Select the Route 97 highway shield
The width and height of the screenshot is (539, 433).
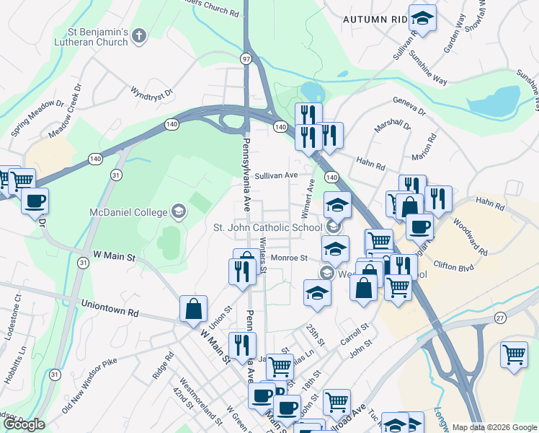click(x=246, y=58)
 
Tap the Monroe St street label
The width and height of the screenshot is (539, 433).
click(x=289, y=258)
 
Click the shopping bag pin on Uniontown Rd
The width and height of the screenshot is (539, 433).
click(x=194, y=310)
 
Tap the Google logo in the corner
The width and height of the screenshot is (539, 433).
click(x=24, y=424)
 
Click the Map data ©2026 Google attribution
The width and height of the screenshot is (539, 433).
click(x=494, y=427)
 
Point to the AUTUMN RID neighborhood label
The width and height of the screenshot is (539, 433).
click(x=375, y=19)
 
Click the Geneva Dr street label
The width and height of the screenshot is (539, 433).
click(x=409, y=107)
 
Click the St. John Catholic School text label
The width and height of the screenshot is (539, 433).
click(x=267, y=228)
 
